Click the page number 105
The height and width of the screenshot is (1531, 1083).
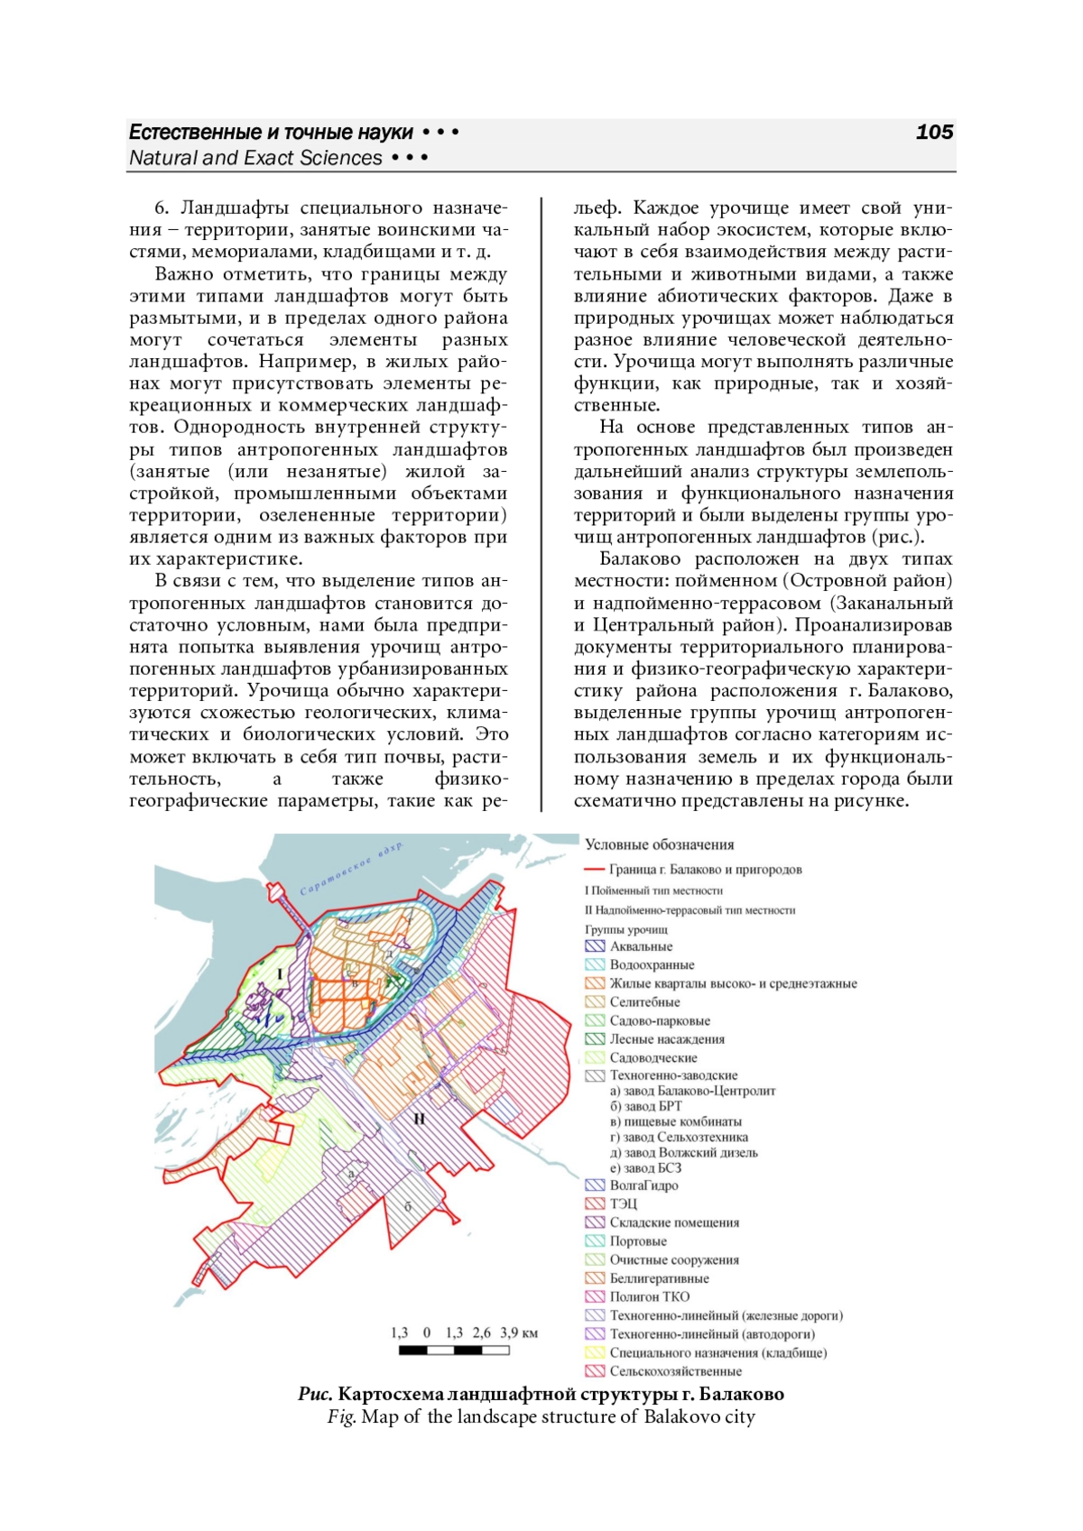coord(934,132)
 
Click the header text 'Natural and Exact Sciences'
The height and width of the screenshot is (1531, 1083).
coord(255,158)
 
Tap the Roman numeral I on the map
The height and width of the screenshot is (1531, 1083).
coord(279,974)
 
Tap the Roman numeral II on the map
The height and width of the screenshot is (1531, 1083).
coord(419,1120)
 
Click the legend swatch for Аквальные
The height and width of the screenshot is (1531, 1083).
coord(595,946)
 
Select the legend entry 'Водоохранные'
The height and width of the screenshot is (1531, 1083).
coord(652,965)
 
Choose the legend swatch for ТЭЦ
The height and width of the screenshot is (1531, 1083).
coord(595,1204)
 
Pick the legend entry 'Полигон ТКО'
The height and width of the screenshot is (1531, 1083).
coord(649,1296)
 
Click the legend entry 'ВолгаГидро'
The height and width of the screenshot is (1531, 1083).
coord(643,1185)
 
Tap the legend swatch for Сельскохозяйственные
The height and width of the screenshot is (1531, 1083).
coord(595,1371)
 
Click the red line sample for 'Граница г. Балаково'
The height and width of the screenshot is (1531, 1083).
coord(595,870)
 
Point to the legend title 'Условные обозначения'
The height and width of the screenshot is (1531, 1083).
coord(659,844)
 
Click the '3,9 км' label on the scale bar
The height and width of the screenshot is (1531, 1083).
coord(519,1333)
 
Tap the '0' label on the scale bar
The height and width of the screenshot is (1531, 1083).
coord(427,1333)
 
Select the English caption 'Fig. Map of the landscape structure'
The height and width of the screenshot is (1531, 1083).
coord(541,1417)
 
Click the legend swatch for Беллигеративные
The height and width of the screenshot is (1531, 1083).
coord(595,1278)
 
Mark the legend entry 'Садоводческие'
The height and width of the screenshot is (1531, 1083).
coord(653,1058)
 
